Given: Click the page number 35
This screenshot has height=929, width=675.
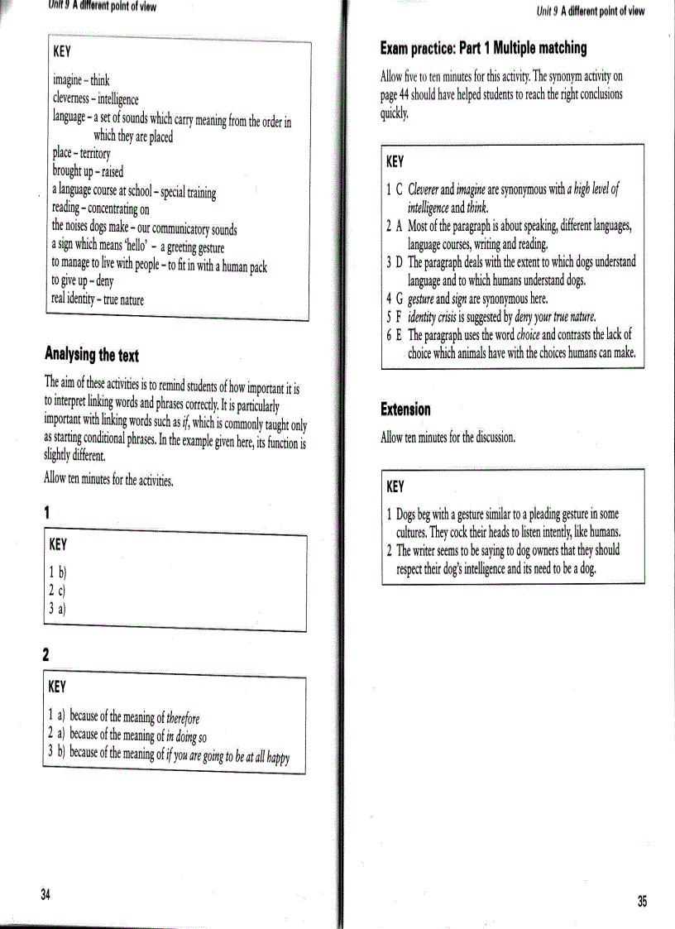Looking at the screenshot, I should click(642, 902).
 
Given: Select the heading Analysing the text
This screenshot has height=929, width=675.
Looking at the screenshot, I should click(91, 356).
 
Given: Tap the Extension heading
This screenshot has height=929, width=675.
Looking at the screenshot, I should click(405, 409).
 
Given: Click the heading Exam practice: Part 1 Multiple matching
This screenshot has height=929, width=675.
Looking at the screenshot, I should click(483, 48).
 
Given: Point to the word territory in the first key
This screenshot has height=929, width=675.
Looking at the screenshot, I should click(98, 154).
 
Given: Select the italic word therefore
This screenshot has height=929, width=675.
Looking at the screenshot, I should click(183, 717).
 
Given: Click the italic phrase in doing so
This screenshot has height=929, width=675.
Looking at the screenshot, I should click(187, 735).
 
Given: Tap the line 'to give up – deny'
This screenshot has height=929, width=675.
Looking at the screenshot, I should click(83, 281).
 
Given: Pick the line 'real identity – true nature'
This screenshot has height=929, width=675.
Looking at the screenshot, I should click(98, 299).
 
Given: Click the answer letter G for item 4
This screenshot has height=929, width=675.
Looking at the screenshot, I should click(400, 299).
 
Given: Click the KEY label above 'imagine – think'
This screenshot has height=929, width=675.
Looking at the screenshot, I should click(63, 50).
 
